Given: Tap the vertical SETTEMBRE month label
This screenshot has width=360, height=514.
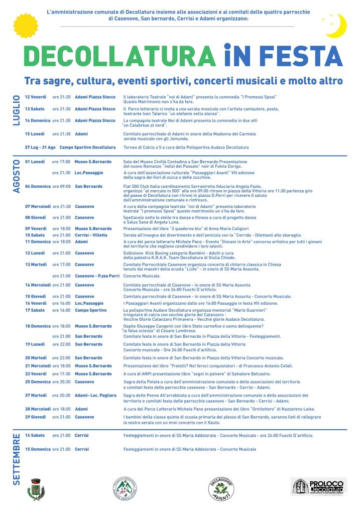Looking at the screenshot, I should click(16, 459).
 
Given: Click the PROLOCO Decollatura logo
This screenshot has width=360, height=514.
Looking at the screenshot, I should click(318, 486).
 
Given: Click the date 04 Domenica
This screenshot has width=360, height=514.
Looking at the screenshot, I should click(38, 186).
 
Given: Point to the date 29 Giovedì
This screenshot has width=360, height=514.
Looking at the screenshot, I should click(35, 417).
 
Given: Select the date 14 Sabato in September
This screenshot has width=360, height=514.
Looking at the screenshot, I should click(35, 435).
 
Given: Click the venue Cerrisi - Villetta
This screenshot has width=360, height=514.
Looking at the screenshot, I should click(91, 235).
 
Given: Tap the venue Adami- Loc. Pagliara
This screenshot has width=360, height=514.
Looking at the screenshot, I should click(97, 396).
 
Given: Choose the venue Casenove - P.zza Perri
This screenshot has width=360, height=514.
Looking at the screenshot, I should click(97, 276).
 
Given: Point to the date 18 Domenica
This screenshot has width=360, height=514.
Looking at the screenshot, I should click(38, 326).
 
